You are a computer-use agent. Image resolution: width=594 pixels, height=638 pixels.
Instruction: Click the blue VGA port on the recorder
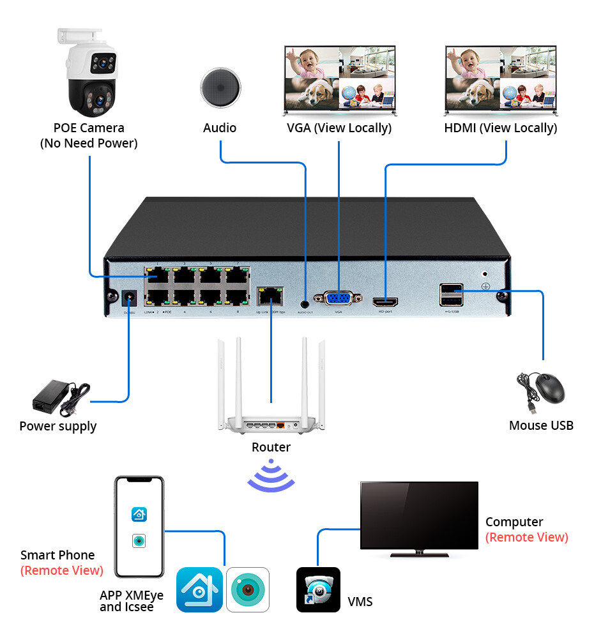(x=338, y=299)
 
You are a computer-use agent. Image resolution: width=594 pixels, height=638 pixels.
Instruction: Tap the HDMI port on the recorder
(x=385, y=300)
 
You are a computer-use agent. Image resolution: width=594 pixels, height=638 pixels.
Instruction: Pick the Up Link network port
(x=270, y=296)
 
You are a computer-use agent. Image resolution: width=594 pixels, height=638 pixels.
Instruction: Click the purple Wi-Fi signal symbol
(x=271, y=475)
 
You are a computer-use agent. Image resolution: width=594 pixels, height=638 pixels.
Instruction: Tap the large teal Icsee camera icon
(x=248, y=589)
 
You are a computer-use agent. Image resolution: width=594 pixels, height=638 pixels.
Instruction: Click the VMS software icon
(x=318, y=589)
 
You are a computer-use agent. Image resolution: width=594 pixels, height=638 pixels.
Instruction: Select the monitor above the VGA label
(x=340, y=80)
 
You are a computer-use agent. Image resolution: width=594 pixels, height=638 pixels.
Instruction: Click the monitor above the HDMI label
(x=501, y=80)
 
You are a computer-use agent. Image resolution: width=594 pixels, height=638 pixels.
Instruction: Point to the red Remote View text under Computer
(x=526, y=537)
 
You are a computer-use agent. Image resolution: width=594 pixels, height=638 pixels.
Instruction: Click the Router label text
(x=271, y=447)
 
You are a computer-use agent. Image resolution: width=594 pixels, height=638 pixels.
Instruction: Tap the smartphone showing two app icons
(x=139, y=528)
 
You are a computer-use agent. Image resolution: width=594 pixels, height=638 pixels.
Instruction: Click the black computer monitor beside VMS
(x=418, y=517)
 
